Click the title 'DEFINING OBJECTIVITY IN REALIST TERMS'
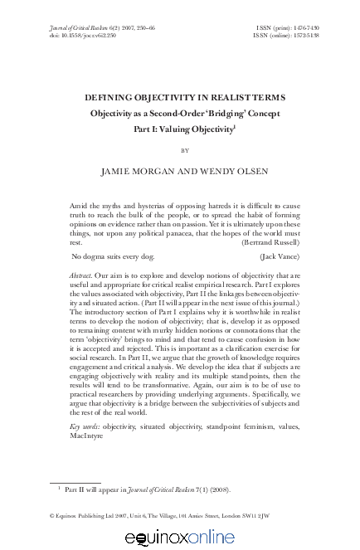(180, 96)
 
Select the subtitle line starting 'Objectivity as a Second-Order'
(180, 113)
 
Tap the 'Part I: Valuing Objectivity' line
(180, 129)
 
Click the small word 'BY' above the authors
(180, 150)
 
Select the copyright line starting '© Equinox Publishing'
(180, 516)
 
